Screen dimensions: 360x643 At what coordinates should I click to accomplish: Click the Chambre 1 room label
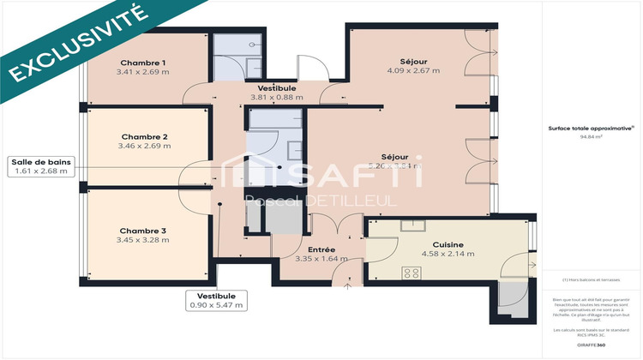tap(143, 63)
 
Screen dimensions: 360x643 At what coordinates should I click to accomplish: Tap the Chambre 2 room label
tap(144, 137)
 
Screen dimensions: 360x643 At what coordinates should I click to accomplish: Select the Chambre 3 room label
tap(143, 231)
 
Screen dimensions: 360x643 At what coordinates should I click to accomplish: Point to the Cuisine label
tap(448, 244)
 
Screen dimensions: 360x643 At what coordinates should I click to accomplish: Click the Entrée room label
tap(321, 249)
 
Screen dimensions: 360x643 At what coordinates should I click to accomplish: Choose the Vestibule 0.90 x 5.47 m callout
tap(217, 300)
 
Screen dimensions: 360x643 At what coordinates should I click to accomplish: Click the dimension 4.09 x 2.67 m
tap(413, 71)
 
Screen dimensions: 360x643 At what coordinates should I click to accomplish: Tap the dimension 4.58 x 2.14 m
tap(448, 255)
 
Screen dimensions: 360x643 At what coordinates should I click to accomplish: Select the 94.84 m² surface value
tap(592, 135)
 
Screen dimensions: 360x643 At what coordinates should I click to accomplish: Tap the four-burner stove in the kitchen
tap(412, 274)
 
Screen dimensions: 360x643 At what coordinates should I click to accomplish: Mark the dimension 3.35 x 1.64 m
tap(321, 259)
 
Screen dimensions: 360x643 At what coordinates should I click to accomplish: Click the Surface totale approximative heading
tap(591, 128)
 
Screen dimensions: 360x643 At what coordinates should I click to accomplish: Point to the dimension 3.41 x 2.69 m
tap(143, 72)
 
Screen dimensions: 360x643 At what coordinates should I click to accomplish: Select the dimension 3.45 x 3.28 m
tap(143, 240)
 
